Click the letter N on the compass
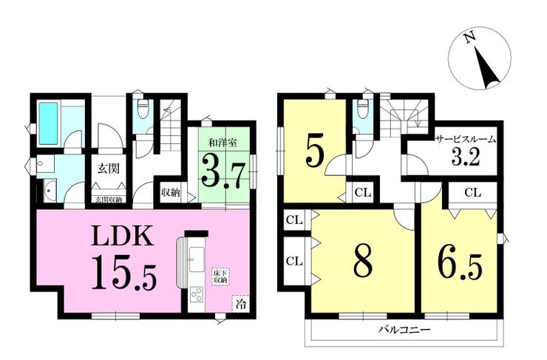point(470,37)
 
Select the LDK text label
point(122,237)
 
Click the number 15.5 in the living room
point(124,273)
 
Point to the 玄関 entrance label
point(108,169)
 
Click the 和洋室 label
point(222,143)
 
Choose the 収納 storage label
point(170,192)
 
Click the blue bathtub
point(50,123)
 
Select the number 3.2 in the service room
point(466,157)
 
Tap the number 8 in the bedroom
point(363,260)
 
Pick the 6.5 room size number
point(460,265)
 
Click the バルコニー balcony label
point(404,329)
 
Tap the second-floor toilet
point(363,109)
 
